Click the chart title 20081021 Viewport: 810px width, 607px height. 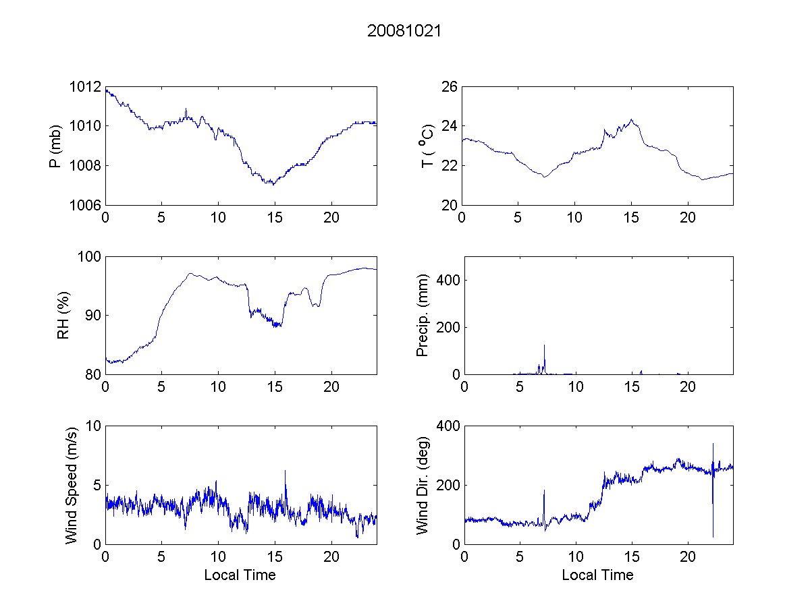point(404,31)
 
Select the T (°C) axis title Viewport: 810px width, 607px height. point(427,146)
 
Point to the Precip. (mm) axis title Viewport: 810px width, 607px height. point(423,315)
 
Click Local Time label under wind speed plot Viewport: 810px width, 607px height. point(240,575)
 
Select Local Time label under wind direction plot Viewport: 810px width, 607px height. point(597,575)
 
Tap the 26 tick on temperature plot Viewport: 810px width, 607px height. point(450,87)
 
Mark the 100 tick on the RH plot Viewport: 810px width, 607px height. point(89,257)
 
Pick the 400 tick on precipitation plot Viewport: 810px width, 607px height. point(447,280)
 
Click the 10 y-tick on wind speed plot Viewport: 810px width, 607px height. point(93,426)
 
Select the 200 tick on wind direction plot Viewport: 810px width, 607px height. point(447,485)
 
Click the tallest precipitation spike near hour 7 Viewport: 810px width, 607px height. point(544,345)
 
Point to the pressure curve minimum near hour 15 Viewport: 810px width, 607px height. point(272,183)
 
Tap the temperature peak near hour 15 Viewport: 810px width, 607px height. point(631,120)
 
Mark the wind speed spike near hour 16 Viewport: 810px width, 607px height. point(285,471)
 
